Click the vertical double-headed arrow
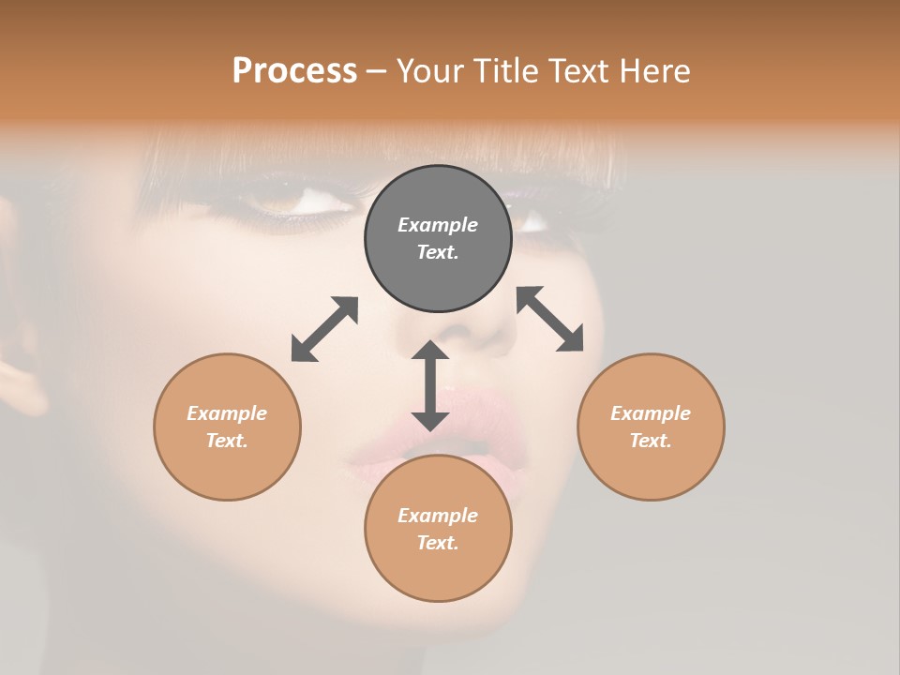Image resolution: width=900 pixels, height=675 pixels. [430, 385]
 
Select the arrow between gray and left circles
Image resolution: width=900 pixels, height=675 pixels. [324, 329]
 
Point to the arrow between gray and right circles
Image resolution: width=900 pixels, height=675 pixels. [550, 319]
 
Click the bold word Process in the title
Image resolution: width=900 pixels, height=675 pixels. [294, 70]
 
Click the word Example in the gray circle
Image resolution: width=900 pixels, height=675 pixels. [438, 225]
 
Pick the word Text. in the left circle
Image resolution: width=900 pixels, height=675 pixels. [227, 441]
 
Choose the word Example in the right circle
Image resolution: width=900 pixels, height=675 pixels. [651, 413]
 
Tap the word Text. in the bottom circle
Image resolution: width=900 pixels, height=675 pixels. [438, 543]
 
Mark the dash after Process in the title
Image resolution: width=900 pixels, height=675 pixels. [377, 71]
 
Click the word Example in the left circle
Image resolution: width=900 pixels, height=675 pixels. [227, 413]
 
